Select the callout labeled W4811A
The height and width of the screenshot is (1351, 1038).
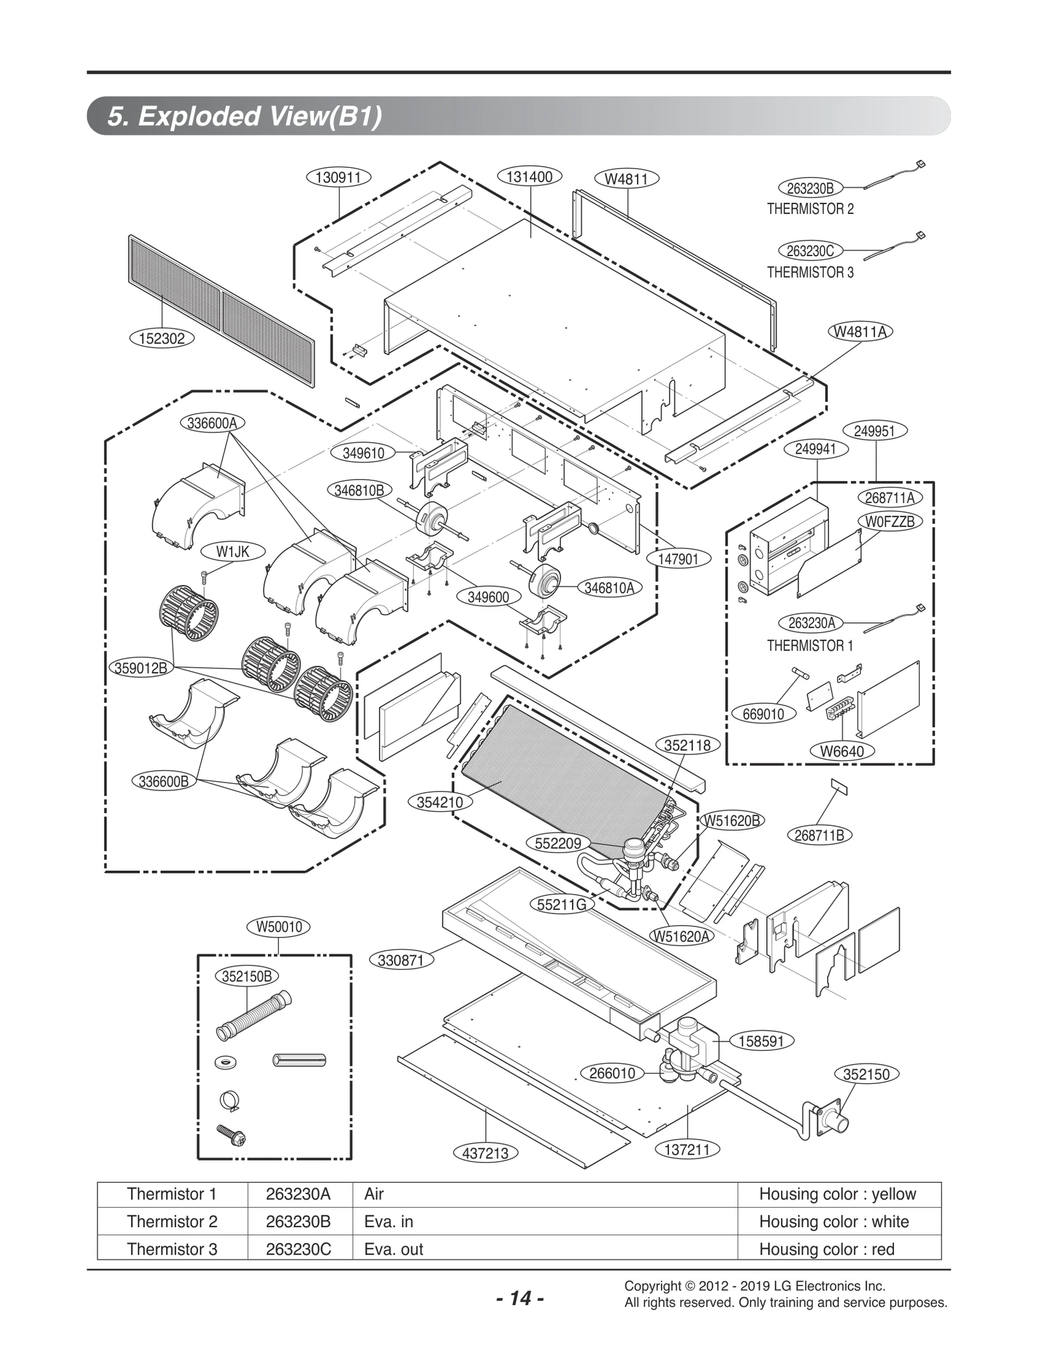coord(860,331)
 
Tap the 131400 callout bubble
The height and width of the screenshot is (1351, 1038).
coord(529,176)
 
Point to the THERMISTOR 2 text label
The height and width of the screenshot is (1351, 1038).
coord(810,209)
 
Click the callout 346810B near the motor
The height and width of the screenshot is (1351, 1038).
coord(359,490)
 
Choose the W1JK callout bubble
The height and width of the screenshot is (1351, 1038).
coord(232,552)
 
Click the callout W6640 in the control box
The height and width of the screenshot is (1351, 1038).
coord(841,751)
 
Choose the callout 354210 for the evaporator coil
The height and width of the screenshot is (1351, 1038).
coord(440,802)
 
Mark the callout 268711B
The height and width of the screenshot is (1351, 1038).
coord(819,836)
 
